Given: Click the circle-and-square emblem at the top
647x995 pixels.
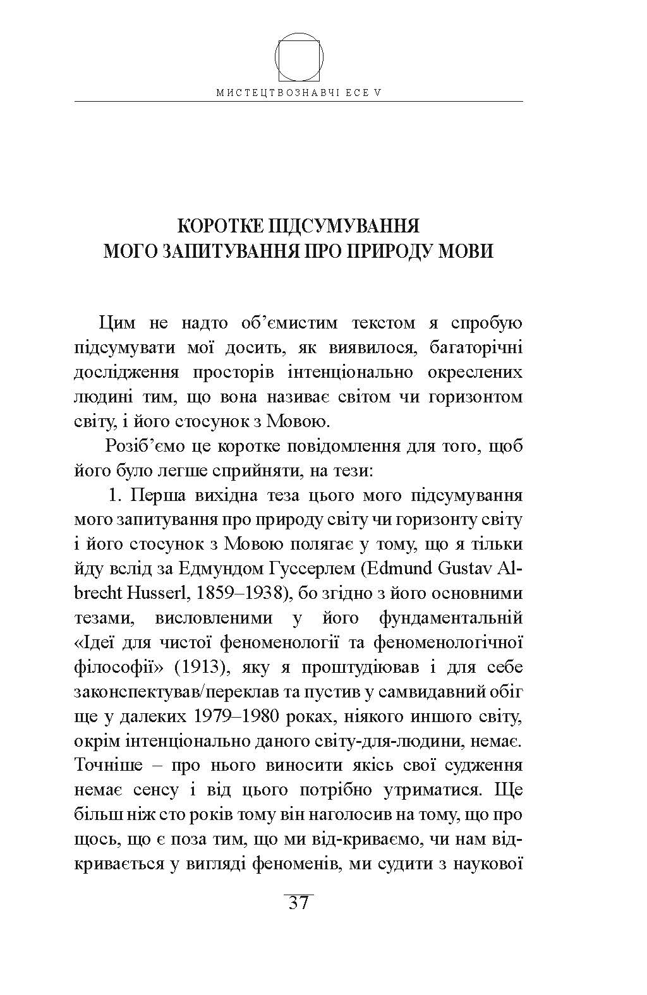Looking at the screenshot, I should coord(299,57).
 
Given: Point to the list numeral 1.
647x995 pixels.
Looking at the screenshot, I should coord(114,495).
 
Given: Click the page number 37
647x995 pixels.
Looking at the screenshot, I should coord(298,903).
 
